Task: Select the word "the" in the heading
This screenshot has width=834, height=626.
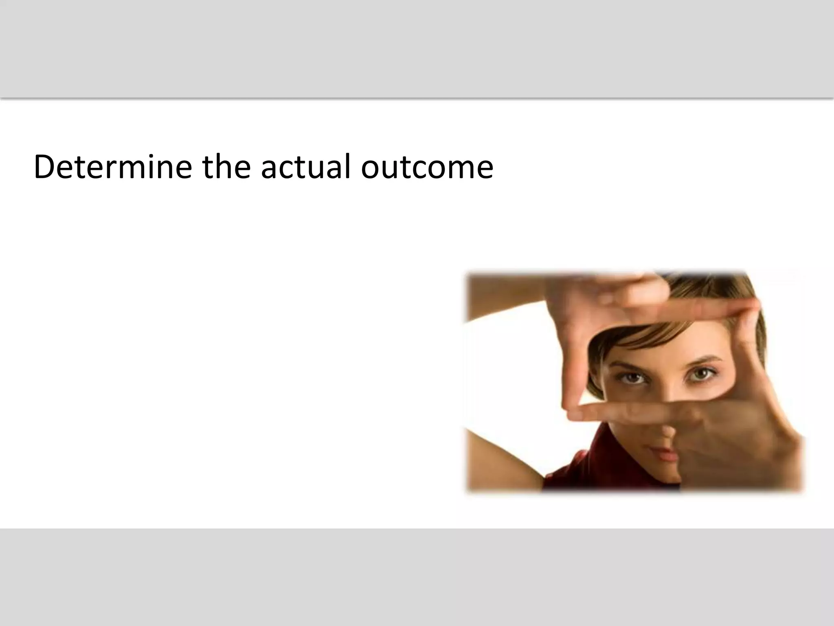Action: tap(226, 167)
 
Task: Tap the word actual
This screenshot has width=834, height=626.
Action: tap(305, 167)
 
